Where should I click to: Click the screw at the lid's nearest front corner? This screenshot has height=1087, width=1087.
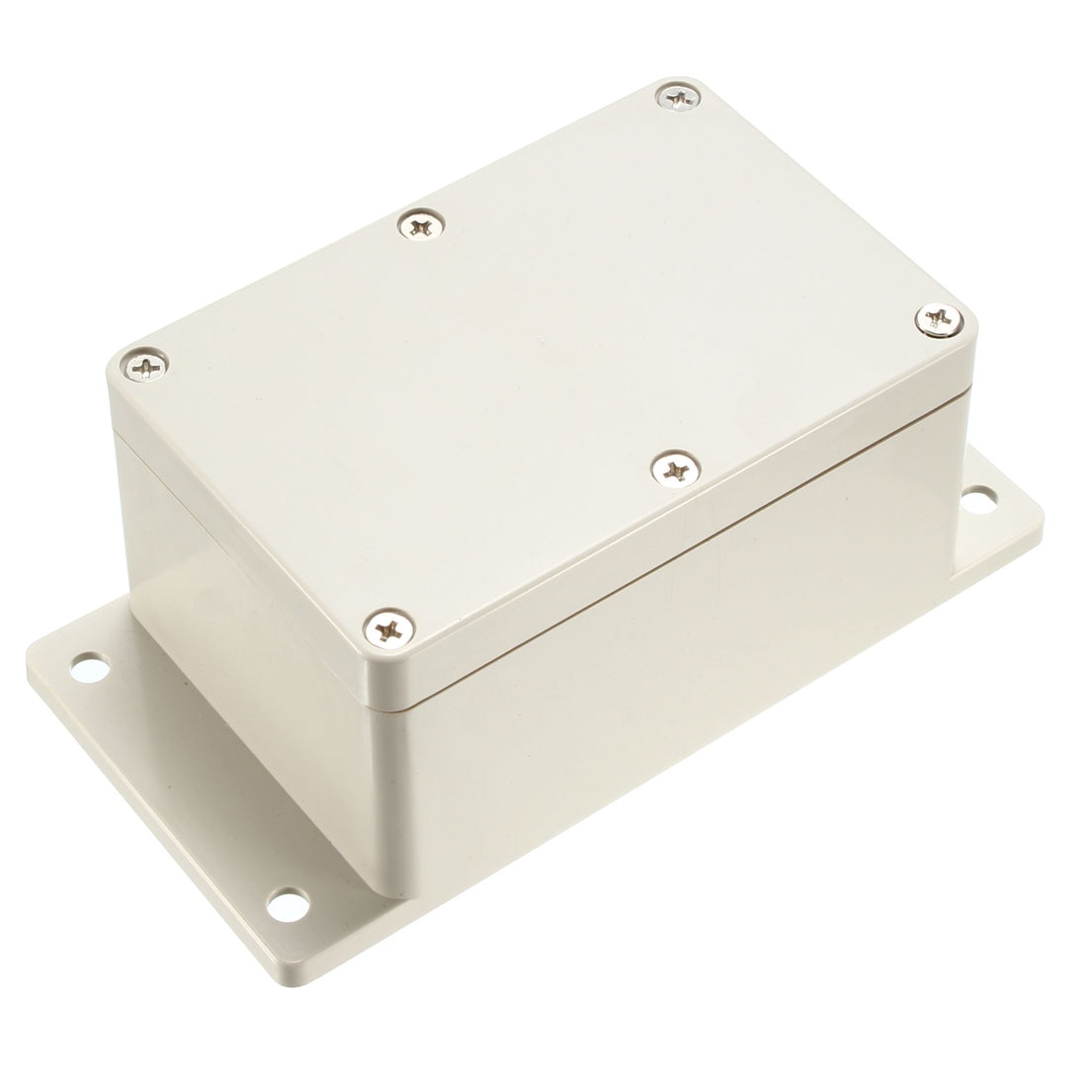coord(387,626)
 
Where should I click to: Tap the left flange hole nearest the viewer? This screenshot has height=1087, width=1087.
coord(288,901)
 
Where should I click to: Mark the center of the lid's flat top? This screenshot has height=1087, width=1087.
coord(543,346)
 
